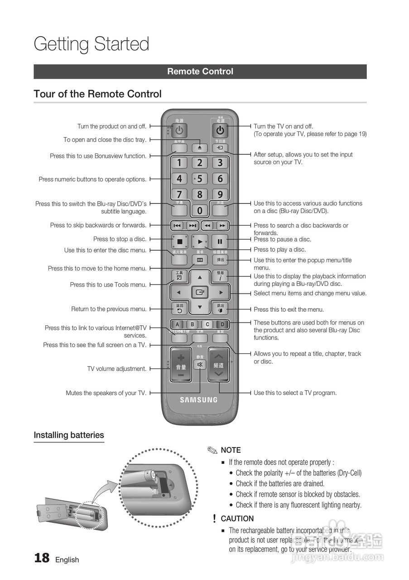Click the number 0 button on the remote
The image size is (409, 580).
click(x=200, y=210)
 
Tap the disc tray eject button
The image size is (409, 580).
click(x=200, y=148)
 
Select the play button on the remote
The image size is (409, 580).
click(x=200, y=242)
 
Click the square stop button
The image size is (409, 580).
click(x=179, y=242)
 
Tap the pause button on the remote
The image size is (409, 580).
click(x=220, y=242)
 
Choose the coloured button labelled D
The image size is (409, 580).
click(x=222, y=324)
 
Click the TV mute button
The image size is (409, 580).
click(x=200, y=364)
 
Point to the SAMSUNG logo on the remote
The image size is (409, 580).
click(x=199, y=400)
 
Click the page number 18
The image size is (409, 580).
click(x=42, y=558)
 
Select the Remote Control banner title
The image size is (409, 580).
click(x=200, y=72)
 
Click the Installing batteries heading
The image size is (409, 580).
click(x=69, y=435)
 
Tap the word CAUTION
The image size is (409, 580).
click(x=237, y=518)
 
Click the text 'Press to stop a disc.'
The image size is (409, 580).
click(x=120, y=239)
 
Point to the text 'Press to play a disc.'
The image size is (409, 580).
click(x=279, y=250)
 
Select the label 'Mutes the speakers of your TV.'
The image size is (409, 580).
click(x=106, y=393)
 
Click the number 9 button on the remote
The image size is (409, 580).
click(x=220, y=194)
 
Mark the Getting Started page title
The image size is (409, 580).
click(x=91, y=44)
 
